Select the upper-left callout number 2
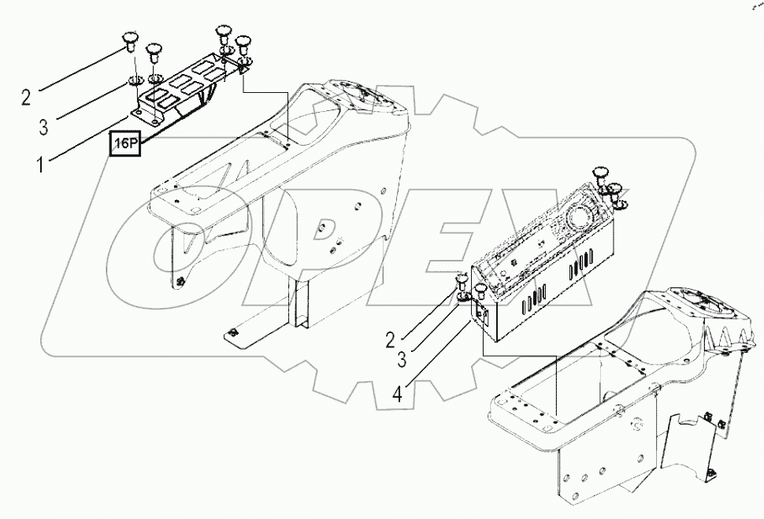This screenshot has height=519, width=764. [x=26, y=98]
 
